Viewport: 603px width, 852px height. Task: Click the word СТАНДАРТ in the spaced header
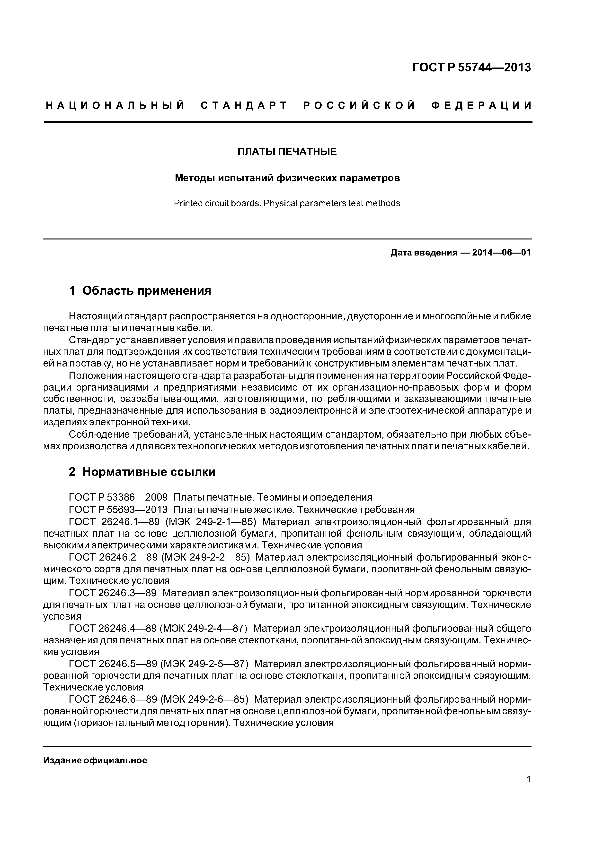tap(244, 106)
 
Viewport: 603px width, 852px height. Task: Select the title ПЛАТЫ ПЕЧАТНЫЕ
tap(287, 151)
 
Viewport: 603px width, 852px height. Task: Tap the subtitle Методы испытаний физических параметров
tap(287, 178)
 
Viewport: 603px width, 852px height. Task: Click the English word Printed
tap(187, 203)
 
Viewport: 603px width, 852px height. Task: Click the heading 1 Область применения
tap(140, 290)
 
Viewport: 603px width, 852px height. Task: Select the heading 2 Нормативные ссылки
tap(142, 472)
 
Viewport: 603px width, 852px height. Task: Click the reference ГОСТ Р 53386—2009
tap(118, 497)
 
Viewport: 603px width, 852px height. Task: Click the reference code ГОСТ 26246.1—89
tap(114, 522)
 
